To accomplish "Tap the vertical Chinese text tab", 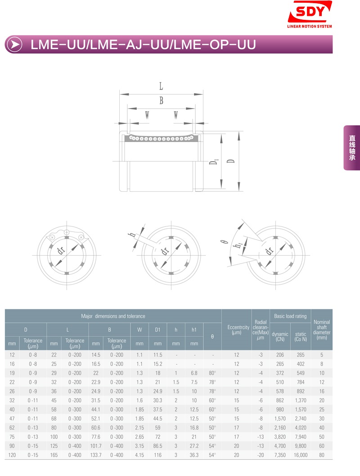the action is point(352,148).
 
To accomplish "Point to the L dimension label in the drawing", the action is point(161,86).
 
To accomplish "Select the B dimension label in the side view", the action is point(162,100).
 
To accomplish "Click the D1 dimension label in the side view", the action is point(214,162).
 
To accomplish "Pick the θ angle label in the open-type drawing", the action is point(224,242).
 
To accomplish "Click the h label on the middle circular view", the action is point(132,235).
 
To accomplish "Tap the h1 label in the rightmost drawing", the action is point(238,245).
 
